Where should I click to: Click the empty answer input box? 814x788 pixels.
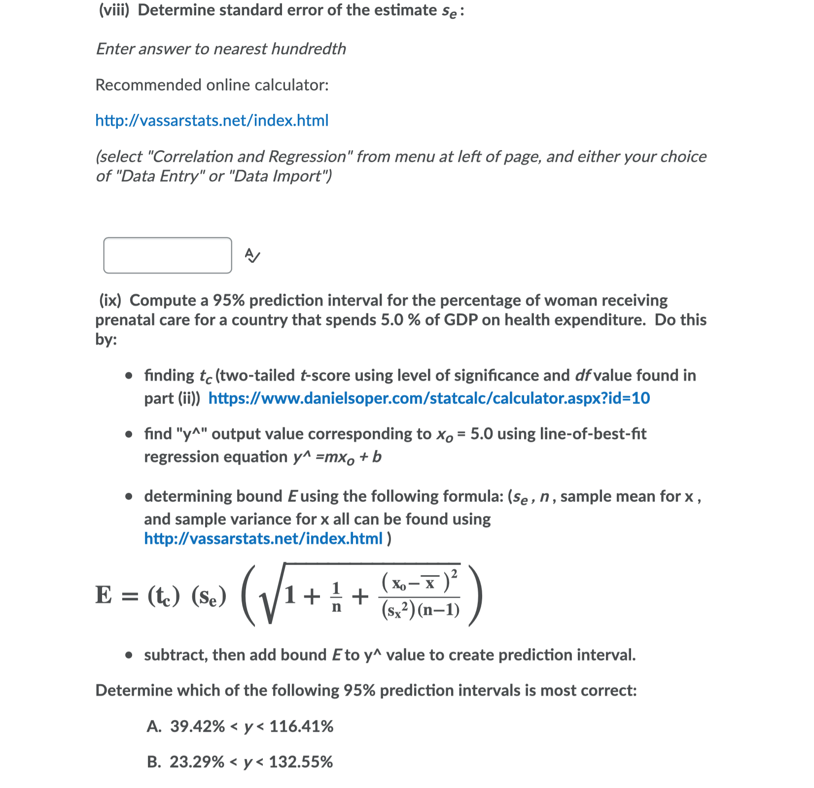[167, 255]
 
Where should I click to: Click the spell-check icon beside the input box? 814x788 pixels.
[252, 255]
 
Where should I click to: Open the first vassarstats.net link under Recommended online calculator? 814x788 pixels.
[212, 120]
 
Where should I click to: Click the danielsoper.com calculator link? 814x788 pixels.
[429, 398]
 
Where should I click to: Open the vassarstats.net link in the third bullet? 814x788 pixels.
[263, 538]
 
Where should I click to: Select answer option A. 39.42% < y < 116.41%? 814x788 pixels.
[240, 726]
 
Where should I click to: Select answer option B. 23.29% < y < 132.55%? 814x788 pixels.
[240, 762]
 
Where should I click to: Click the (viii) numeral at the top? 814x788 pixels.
[114, 10]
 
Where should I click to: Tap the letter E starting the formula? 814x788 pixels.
[104, 595]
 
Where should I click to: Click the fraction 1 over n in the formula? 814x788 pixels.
[336, 597]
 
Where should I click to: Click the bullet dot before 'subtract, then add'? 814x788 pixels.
[129, 655]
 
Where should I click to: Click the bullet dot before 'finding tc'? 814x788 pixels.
[129, 376]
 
